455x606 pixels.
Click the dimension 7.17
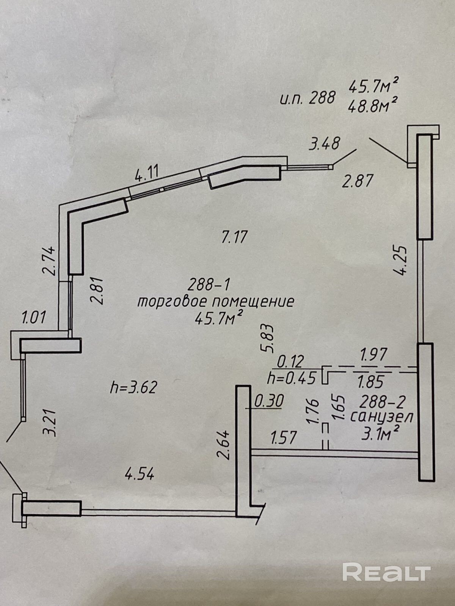click(234, 237)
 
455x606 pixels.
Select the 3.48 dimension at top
click(324, 144)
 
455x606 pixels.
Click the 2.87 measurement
click(358, 181)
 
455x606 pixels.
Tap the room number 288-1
click(209, 284)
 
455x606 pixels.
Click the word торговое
click(172, 302)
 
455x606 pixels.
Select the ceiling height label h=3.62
click(133, 387)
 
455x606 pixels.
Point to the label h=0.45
click(291, 378)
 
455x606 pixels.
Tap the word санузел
click(381, 417)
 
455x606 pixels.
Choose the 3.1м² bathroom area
click(381, 434)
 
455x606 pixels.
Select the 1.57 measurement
click(283, 438)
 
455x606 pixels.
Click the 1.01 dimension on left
click(34, 317)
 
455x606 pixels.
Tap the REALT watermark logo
click(386, 572)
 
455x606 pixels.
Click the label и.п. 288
click(308, 98)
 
